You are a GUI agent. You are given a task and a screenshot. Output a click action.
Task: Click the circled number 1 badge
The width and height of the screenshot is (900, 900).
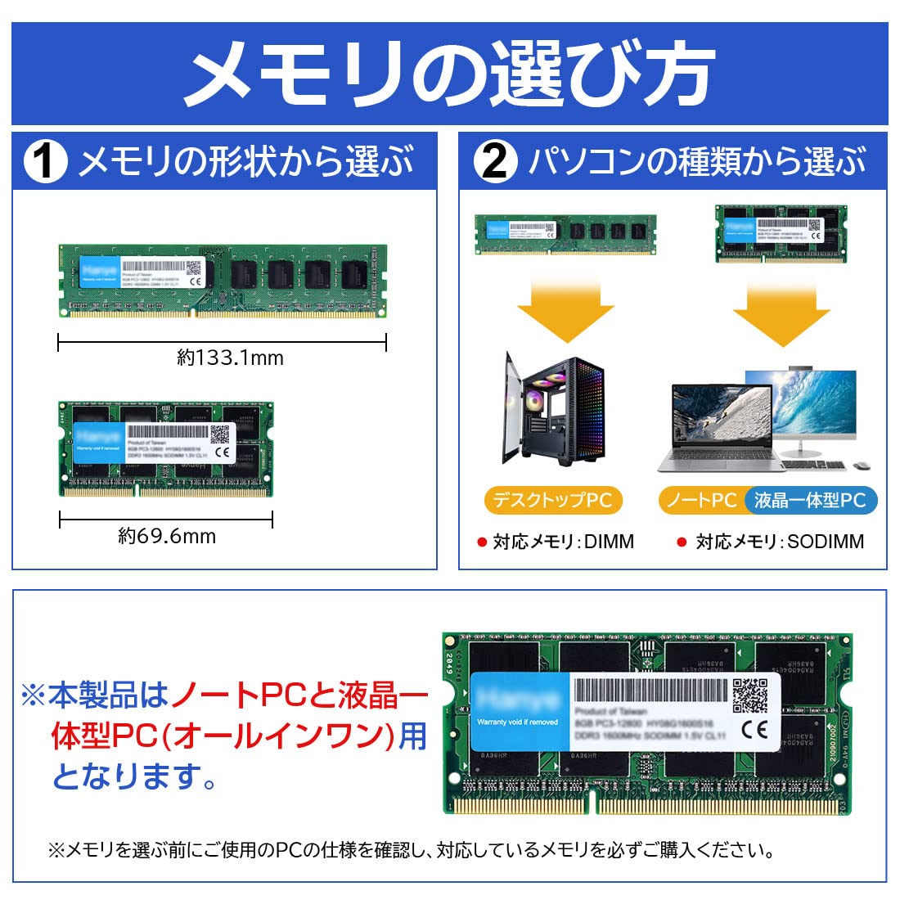point(45,161)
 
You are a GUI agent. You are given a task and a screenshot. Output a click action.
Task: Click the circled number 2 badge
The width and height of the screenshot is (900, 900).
point(495,161)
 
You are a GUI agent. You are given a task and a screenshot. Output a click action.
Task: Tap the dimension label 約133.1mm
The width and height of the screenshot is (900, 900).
point(230,358)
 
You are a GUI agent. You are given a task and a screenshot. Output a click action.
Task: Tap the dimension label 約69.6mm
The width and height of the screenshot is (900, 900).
point(167,536)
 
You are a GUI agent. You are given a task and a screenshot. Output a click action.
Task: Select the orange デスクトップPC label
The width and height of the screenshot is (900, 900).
point(553,500)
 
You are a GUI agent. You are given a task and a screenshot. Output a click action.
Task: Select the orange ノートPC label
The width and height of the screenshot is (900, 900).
point(701,500)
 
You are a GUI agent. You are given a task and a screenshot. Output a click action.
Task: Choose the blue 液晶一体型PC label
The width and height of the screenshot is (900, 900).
point(810,500)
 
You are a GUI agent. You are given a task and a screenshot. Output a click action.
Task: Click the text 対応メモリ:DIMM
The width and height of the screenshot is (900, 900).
point(563,542)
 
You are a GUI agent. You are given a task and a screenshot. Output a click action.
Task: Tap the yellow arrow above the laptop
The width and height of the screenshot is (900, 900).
point(781,311)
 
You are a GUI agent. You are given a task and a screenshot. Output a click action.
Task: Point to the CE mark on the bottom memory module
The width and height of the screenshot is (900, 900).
point(753,728)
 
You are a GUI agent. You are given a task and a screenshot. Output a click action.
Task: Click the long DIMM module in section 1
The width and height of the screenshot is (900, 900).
point(223,281)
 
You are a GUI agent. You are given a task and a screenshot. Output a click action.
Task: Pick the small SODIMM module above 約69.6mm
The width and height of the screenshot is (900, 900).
point(166,448)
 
